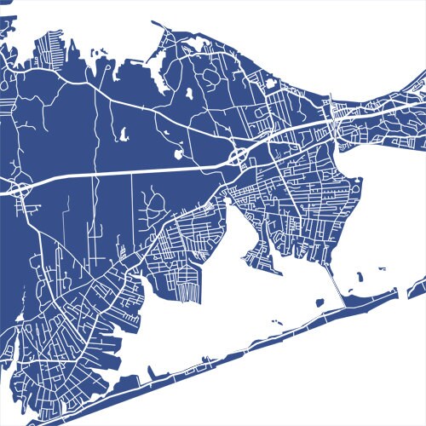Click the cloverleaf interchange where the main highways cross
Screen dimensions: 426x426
[239, 156]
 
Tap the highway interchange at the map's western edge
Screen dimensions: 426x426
[19, 188]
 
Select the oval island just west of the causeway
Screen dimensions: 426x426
[319, 301]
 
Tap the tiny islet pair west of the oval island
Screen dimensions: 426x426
[277, 321]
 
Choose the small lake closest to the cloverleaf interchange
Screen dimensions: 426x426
[178, 154]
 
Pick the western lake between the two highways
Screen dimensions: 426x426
[122, 134]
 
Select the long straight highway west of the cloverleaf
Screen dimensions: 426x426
[128, 170]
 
